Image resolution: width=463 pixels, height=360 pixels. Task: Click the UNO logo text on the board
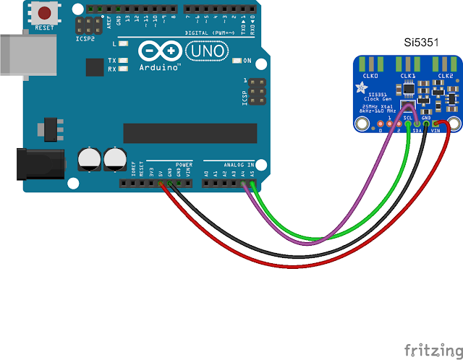211,51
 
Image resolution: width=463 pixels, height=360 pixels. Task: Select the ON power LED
236,60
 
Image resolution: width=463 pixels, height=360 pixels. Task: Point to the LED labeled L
124,44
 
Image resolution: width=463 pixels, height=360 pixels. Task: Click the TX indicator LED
124,60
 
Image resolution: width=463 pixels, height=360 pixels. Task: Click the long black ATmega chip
190,133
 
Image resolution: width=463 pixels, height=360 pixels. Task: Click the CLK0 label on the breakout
370,75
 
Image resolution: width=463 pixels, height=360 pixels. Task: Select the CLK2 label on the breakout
446,75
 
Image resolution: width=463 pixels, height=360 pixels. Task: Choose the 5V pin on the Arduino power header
161,184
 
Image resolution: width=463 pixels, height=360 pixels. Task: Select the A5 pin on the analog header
252,184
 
